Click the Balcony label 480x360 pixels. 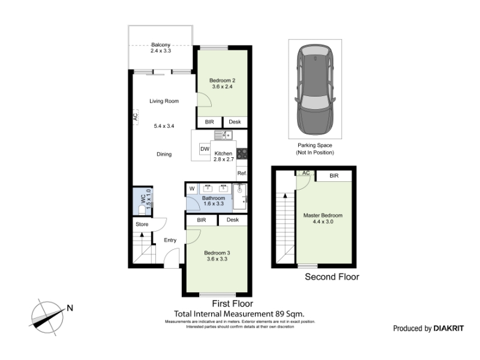tap(160, 44)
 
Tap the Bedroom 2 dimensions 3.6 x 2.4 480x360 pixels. tap(222, 86)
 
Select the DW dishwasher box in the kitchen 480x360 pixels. tap(205, 149)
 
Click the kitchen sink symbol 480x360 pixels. tap(223, 134)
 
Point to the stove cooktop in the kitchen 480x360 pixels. tap(242, 154)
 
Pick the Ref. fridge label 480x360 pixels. tap(242, 173)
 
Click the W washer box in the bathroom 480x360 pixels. tap(192, 188)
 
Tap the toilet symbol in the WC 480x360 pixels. tap(142, 209)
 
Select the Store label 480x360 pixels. tap(142, 224)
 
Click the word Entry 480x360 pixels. tap(170, 241)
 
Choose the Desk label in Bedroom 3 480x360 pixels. tap(233, 220)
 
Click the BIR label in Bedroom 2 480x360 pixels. tap(209, 122)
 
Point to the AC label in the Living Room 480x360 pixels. tap(136, 116)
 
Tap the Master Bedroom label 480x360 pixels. tap(323, 215)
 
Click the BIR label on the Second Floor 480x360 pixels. tap(334, 176)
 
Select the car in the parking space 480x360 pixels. tap(315, 89)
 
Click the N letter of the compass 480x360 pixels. tap(70, 308)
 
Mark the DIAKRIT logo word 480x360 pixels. tap(448, 328)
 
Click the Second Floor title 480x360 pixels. tap(332, 277)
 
